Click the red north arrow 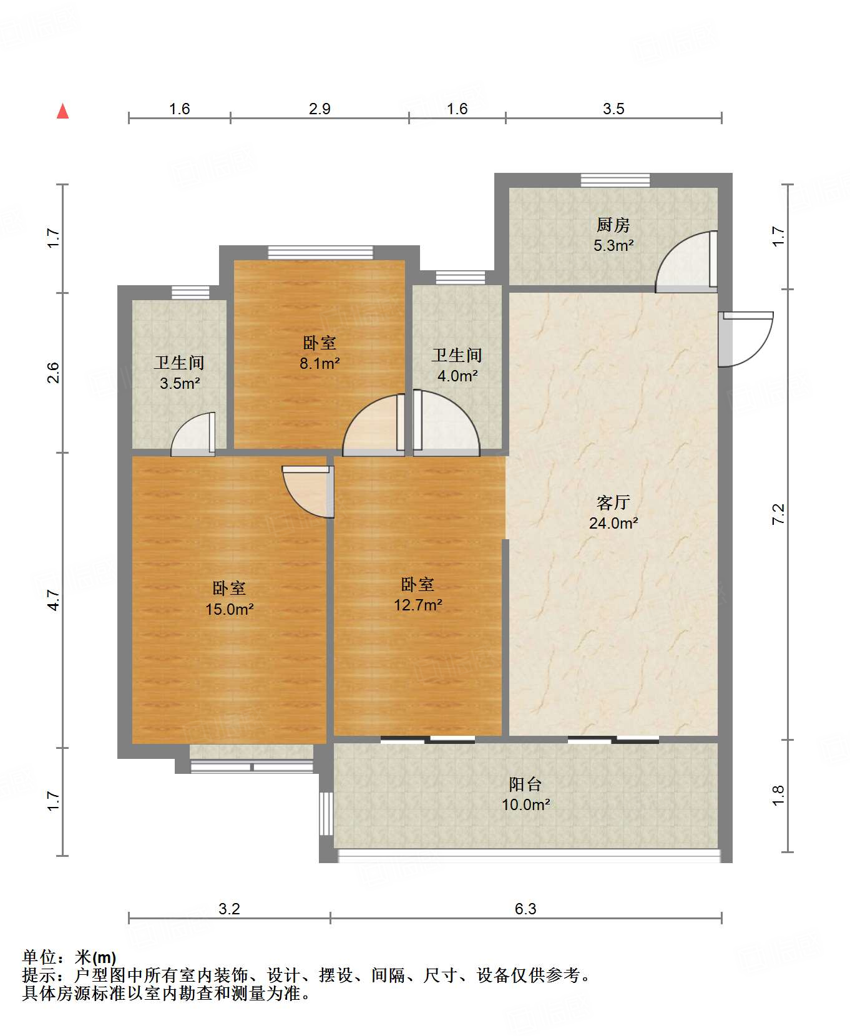62,111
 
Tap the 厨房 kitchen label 613,225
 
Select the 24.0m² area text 613,523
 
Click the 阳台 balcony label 525,784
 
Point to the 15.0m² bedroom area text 229,609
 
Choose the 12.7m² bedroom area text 418,605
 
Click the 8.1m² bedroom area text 319,363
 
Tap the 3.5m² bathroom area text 179,383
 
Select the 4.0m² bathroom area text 457,376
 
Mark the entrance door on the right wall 745,339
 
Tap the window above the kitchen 615,180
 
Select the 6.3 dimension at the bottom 525,909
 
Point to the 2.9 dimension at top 320,109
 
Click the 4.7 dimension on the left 54,600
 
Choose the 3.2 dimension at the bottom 229,909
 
